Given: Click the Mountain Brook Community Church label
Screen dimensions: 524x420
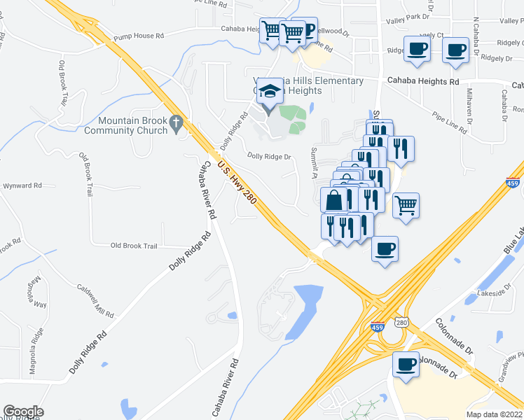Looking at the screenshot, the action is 126,125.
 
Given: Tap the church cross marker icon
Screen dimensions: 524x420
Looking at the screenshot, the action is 177,124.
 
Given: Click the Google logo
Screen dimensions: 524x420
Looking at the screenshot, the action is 23,412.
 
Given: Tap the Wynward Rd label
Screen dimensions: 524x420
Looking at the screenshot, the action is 22,185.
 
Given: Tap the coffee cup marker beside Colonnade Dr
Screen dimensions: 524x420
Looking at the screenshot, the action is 406,365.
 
